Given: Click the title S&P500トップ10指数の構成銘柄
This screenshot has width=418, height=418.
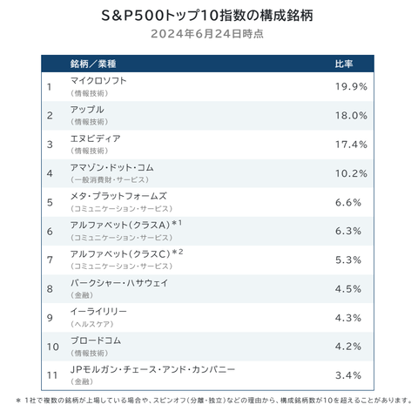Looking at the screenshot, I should coord(208,17).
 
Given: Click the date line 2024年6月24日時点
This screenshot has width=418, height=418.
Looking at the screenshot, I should coord(208,35).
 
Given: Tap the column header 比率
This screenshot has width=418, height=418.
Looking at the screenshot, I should coord(344,64).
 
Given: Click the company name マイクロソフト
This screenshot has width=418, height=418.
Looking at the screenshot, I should coord(98,80).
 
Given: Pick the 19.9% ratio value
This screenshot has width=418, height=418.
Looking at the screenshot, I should coord(351,86).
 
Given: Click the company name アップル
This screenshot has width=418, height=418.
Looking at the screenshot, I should coord(87,109).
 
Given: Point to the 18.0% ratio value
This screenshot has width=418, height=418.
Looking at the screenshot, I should coord(351,115).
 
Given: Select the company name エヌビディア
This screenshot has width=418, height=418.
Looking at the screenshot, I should coord(96,138).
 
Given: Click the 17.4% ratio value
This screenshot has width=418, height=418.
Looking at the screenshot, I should coord(351,144).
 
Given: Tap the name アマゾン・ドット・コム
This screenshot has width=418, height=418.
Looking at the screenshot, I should coord(111,166).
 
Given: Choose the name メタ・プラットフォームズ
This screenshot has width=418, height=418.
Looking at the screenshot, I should coord(118,196).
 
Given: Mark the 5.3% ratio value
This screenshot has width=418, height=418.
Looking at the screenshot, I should coord(353,260).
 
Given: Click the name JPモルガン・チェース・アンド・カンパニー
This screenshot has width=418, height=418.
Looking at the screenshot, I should coord(152,369).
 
